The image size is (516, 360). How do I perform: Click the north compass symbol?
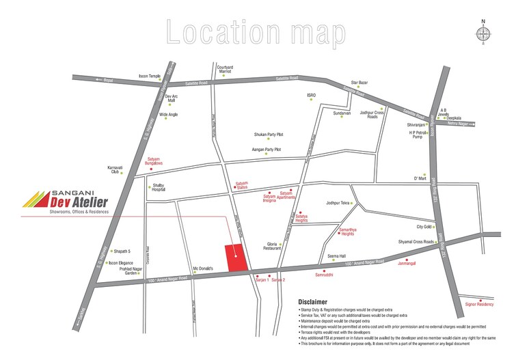[x=483, y=34]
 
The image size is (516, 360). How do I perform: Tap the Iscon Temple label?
[x=149, y=76]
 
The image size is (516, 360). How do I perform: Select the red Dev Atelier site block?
[x=236, y=258]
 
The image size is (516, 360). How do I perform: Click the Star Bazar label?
[x=359, y=83]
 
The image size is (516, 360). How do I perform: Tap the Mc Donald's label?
[x=204, y=268]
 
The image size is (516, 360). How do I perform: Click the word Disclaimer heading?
[x=313, y=301]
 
